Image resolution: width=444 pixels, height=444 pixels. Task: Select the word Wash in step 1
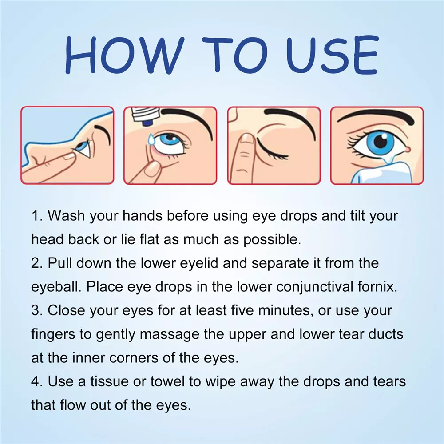click(66, 216)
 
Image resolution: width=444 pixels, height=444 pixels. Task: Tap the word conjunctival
click(315, 287)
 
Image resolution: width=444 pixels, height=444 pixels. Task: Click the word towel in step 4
click(167, 381)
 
